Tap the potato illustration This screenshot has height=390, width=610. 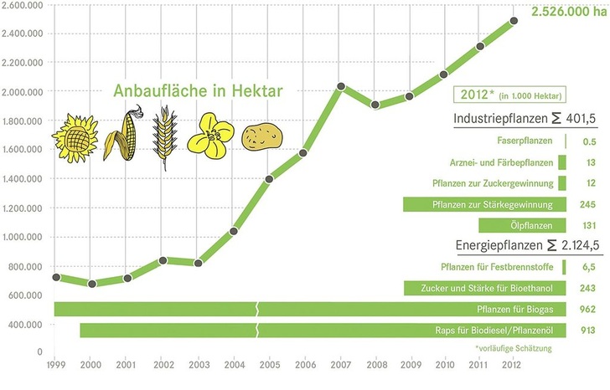[259, 136]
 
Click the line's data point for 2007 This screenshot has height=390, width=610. [341, 87]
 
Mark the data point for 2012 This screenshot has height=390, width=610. [514, 21]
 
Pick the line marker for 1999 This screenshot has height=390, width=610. [56, 277]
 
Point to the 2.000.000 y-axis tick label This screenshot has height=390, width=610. [23, 91]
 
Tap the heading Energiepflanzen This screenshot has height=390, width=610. [498, 246]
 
